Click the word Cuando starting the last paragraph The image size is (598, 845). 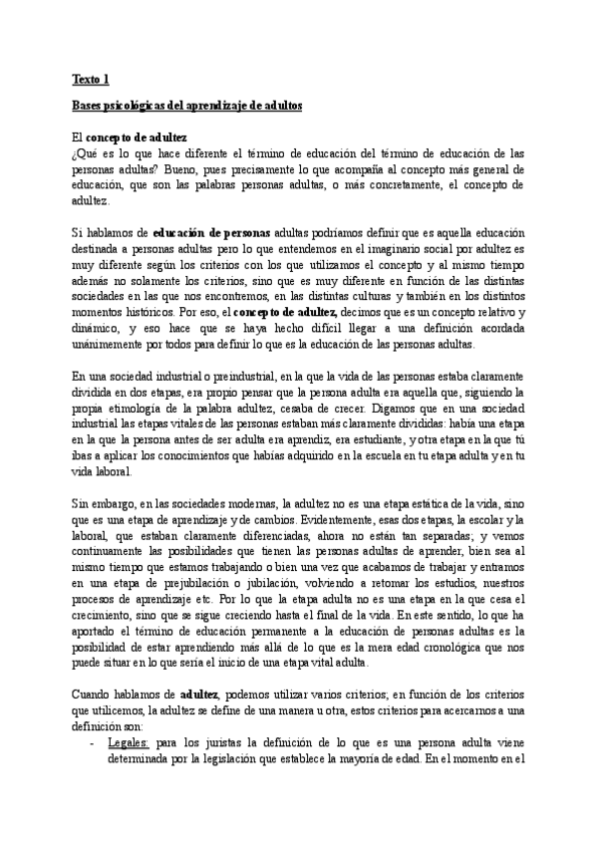tap(92, 695)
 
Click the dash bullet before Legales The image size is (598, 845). tap(92, 741)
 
